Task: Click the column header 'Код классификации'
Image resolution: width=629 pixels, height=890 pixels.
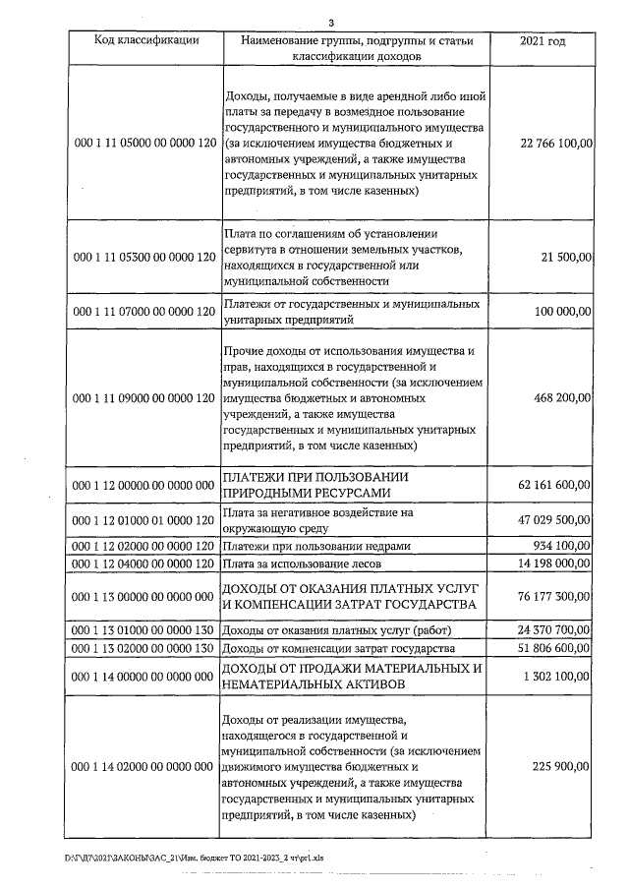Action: coord(146,41)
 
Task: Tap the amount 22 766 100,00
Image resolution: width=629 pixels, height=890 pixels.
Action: coord(553,144)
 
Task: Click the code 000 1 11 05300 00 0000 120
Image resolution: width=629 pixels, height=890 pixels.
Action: coord(145,257)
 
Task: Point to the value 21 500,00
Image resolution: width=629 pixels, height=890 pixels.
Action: coord(566,257)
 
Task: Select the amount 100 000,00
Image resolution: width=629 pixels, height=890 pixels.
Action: coord(561,312)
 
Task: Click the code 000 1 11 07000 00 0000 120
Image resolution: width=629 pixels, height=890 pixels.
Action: coord(145,312)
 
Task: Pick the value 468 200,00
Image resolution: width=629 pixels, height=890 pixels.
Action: coord(561,398)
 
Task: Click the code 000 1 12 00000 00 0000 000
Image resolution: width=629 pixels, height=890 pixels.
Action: coord(145,485)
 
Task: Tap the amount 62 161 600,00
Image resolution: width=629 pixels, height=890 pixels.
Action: coord(553,485)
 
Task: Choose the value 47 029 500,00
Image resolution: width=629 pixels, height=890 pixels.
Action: coord(553,521)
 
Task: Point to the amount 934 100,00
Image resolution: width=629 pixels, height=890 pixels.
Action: coord(561,546)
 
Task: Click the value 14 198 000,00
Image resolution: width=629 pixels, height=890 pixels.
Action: coord(553,564)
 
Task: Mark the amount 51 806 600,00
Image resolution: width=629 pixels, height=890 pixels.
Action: coord(553,649)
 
